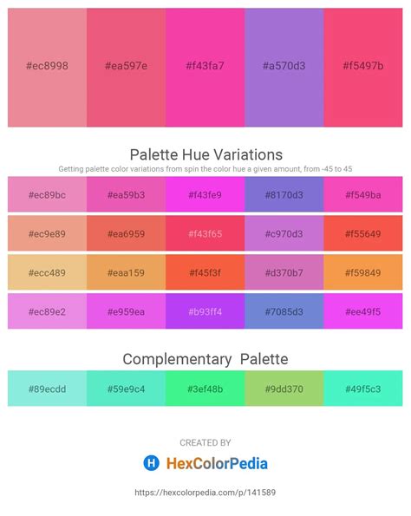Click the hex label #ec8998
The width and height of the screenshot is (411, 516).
pyautogui.click(x=47, y=66)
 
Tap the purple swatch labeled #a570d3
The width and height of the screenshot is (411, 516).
pyautogui.click(x=284, y=68)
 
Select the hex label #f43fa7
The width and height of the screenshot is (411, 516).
pyautogui.click(x=205, y=66)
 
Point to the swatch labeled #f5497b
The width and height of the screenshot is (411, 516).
pyautogui.click(x=363, y=68)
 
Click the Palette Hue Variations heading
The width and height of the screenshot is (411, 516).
pyautogui.click(x=206, y=154)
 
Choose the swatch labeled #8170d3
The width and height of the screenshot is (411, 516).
pyautogui.click(x=284, y=194)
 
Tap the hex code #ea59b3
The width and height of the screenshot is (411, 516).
pyautogui.click(x=126, y=195)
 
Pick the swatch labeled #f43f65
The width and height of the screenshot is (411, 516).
pyautogui.click(x=205, y=233)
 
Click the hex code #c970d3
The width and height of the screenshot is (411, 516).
pyautogui.click(x=284, y=234)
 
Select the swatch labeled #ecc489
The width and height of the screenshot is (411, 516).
pyautogui.click(x=47, y=272)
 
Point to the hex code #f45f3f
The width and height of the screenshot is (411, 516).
pyautogui.click(x=205, y=273)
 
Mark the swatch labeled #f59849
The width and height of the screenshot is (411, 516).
pyautogui.click(x=363, y=272)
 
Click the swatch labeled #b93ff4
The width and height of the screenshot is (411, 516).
pyautogui.click(x=205, y=311)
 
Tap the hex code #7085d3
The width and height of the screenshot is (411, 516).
pyautogui.click(x=284, y=311)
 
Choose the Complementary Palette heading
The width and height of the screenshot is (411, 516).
pyautogui.click(x=205, y=359)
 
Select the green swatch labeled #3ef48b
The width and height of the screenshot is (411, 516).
pyautogui.click(x=205, y=389)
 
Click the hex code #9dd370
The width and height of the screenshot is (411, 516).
pyautogui.click(x=284, y=389)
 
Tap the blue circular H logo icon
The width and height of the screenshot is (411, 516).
pyautogui.click(x=152, y=463)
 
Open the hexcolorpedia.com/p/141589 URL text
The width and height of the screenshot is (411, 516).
pyautogui.click(x=205, y=493)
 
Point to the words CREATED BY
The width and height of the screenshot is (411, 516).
pyautogui.click(x=205, y=442)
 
